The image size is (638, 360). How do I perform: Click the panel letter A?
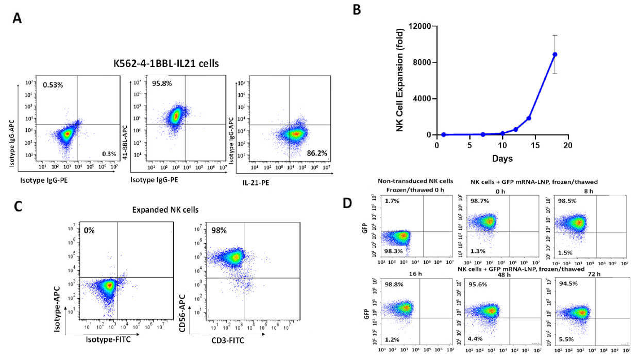click(18, 18)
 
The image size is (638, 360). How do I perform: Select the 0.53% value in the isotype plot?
click(53, 84)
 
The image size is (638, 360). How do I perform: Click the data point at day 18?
click(555, 55)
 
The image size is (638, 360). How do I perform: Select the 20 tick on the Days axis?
click(567, 145)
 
